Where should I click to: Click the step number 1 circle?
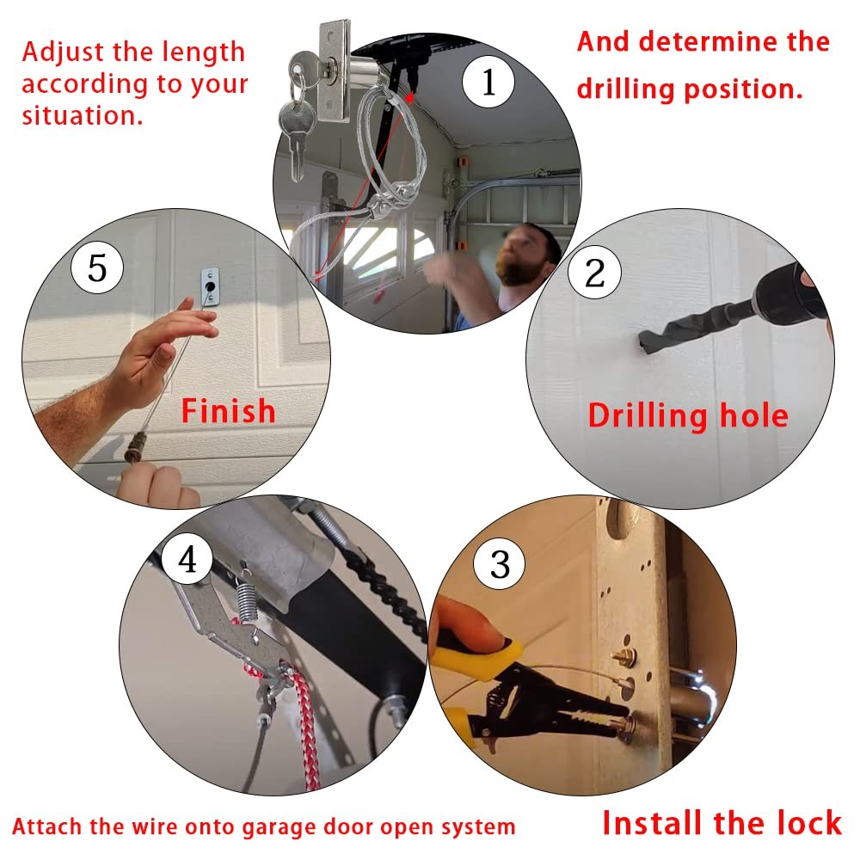tap(488, 83)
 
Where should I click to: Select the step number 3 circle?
tap(500, 565)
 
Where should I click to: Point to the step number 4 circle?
tap(187, 560)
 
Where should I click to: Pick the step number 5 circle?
tap(97, 267)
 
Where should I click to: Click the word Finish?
tap(228, 411)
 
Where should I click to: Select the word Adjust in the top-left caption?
tap(67, 52)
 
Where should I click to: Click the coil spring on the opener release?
tap(246, 593)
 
